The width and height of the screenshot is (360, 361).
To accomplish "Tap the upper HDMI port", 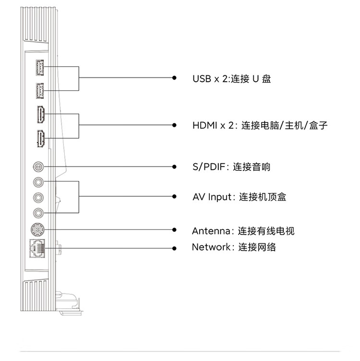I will pos(40,115).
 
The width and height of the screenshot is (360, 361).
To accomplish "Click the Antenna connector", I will pos(38,229).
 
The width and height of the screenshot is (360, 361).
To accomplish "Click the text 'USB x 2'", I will pos(209,78).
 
